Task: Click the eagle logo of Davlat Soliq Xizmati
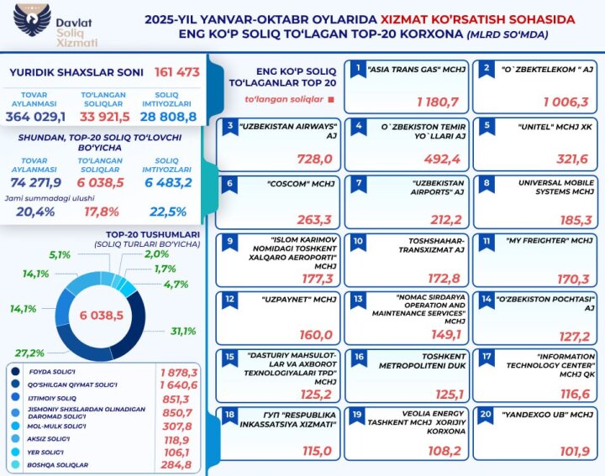coord(29,23)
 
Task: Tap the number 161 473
coord(177,72)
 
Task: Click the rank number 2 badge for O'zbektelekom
coord(485,67)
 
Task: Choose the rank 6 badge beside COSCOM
coord(229,182)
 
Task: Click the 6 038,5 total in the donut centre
coord(102,315)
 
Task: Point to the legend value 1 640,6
coord(178,384)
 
